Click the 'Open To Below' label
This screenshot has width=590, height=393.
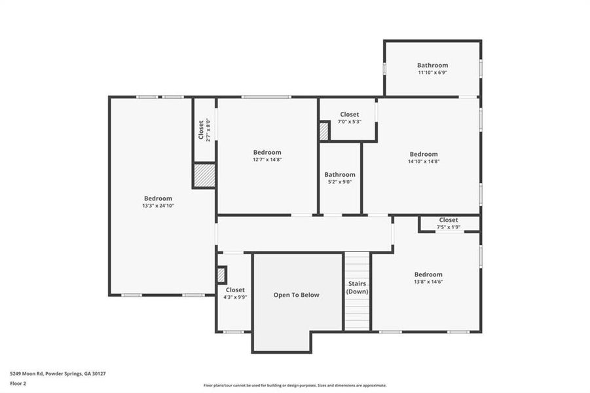[x=296, y=295]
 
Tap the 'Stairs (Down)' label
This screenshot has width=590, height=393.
[x=357, y=287]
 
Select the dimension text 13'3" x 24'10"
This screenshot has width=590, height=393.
[x=158, y=206]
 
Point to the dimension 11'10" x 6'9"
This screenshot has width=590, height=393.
[x=433, y=73]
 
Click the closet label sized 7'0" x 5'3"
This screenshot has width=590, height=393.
[x=349, y=115]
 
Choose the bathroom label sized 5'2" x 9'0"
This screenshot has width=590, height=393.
[x=340, y=175]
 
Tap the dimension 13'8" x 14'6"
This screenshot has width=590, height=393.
[x=428, y=282]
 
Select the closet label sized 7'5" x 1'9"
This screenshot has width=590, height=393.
[x=449, y=220]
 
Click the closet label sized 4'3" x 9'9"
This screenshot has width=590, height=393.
[x=235, y=290]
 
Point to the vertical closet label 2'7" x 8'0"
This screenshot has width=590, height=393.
[x=201, y=130]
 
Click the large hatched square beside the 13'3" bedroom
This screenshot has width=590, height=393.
[x=204, y=176]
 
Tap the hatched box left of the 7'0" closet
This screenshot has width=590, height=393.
[x=323, y=131]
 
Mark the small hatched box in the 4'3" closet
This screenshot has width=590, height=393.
[x=221, y=274]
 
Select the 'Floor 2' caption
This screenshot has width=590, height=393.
[x=18, y=384]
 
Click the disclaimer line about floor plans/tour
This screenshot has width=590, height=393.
[x=295, y=385]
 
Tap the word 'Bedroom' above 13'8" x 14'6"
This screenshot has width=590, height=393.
[x=428, y=274]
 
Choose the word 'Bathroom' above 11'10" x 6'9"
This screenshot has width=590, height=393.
[x=433, y=65]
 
